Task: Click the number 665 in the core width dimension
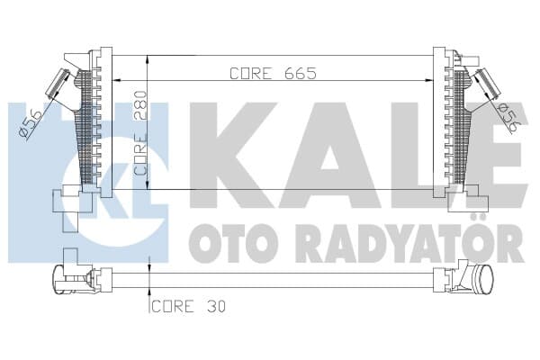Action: [301, 74]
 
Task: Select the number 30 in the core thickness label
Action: [215, 306]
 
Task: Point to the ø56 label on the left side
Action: [30, 123]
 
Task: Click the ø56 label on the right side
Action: [508, 118]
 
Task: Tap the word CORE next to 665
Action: [250, 74]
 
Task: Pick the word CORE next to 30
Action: [173, 306]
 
